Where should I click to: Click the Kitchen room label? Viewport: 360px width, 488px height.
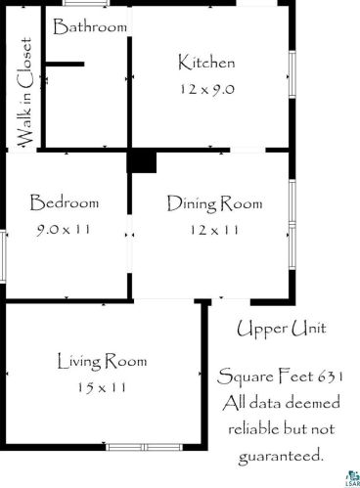pos(206,63)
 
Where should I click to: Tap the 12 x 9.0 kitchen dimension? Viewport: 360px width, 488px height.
pos(207,89)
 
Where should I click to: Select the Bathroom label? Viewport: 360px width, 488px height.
pos(90,26)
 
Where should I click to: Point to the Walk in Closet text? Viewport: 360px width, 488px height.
pos(24,93)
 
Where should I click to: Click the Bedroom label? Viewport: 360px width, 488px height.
pos(65,202)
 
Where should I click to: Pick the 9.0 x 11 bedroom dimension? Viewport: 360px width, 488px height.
pos(64,230)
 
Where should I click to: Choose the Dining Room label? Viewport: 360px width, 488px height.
pos(215,203)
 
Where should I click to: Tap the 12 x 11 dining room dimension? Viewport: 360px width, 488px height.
pos(214,230)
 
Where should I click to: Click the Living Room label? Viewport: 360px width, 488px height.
pos(103,361)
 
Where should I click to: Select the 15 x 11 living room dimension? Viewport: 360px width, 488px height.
pos(102,387)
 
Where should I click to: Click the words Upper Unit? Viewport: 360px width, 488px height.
pos(281,330)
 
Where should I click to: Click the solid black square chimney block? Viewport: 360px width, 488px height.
pos(142,162)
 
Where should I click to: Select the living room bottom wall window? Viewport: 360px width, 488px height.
pos(144,447)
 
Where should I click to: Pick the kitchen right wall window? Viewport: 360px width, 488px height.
pos(292,74)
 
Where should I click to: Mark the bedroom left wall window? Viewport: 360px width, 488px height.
pos(3,256)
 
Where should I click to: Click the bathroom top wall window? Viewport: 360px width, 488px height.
pos(86,3)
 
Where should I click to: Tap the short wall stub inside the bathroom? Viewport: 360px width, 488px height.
pos(65,65)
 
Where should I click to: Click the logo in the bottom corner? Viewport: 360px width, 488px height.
pos(353,479)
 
